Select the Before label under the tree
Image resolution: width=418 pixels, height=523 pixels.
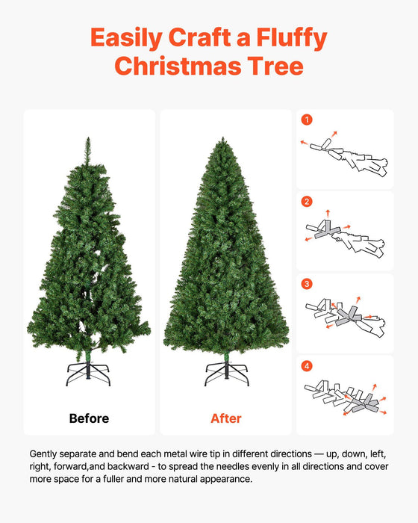89,418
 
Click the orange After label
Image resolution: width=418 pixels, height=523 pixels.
226,418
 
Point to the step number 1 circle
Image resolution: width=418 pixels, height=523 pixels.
307,120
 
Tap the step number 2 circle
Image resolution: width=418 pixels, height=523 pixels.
307,202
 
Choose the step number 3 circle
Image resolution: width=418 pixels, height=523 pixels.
307,284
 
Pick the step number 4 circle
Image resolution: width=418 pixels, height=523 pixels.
307,366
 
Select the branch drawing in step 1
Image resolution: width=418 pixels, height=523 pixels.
347,155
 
